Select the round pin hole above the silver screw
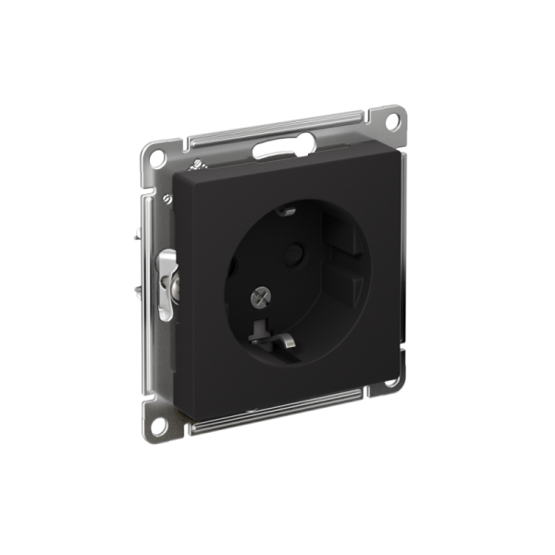coord(296,251)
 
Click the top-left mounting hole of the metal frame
coord(158,159)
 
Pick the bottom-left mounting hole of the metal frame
coord(159,426)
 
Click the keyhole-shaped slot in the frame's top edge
coord(282,145)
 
